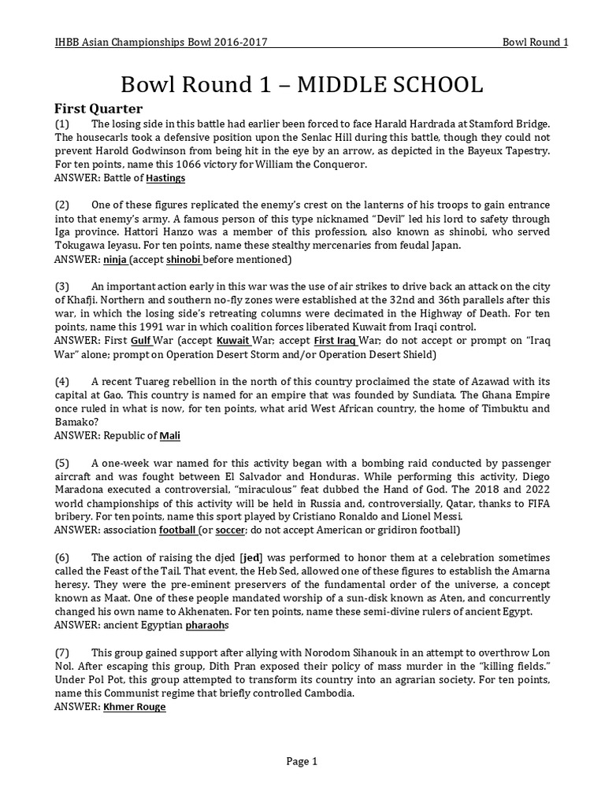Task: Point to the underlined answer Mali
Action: tap(170, 434)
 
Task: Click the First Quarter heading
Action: tap(98, 109)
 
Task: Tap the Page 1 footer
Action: tap(302, 761)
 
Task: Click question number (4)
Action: tap(62, 382)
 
